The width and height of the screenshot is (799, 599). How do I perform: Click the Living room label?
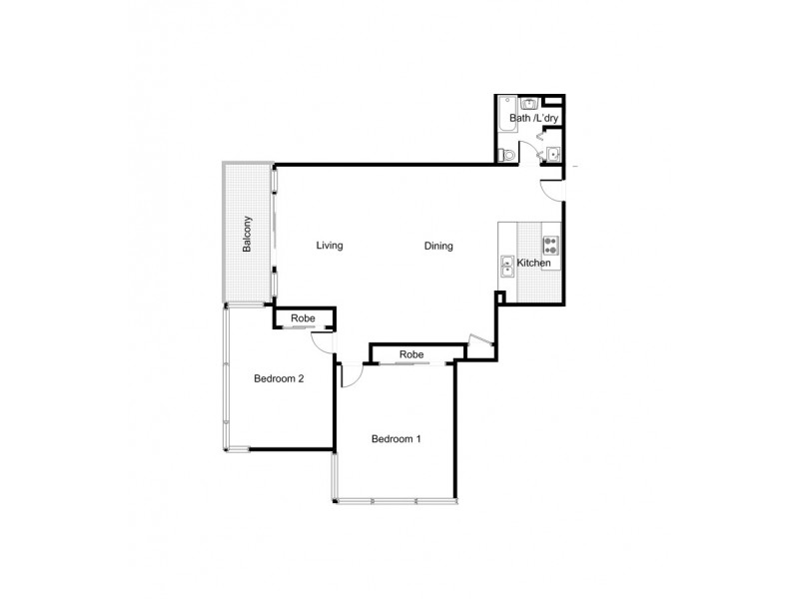coord(330,246)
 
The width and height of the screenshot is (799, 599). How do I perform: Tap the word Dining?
coord(438,246)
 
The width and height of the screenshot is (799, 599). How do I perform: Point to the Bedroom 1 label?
coord(397,438)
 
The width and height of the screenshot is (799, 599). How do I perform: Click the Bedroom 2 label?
coord(279,378)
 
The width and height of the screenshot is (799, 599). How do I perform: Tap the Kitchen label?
coord(533,263)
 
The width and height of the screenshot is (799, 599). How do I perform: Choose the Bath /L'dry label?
coord(534,119)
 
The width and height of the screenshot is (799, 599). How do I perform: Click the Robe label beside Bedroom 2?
coord(304,318)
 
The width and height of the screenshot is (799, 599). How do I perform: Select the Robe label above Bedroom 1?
coord(410,354)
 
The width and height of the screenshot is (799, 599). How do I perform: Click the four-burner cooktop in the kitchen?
coord(550,244)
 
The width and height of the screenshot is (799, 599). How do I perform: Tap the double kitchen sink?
coord(506,266)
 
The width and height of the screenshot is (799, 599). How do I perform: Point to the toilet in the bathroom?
coord(506,154)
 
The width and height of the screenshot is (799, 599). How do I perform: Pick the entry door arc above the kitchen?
coord(551,189)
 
